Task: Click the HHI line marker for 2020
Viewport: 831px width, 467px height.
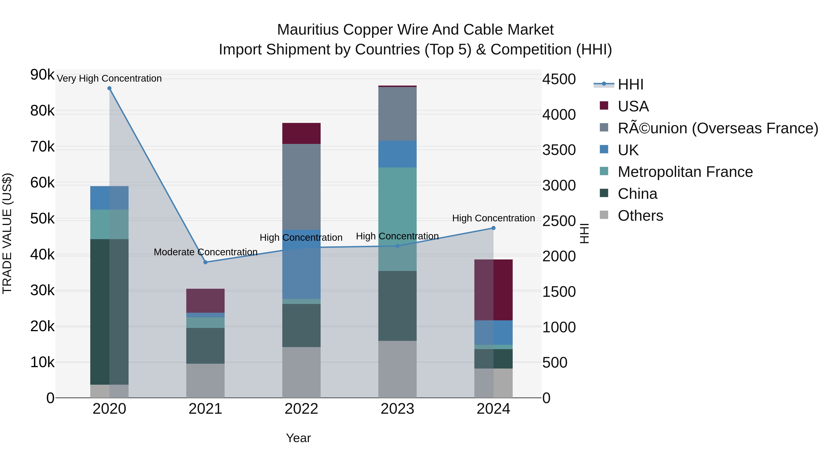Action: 109,88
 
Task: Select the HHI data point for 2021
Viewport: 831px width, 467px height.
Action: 205,262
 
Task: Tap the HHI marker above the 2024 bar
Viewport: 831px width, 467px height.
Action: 493,228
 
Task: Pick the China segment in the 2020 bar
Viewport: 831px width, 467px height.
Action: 109,311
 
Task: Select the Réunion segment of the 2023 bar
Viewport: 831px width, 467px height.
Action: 397,113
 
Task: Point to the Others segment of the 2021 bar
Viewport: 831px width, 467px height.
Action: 205,380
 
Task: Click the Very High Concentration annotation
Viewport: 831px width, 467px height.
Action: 109,78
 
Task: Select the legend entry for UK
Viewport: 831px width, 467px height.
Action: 628,150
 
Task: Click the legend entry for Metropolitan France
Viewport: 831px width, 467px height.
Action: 685,172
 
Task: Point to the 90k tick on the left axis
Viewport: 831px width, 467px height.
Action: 42,75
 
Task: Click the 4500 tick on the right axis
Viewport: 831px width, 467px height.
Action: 559,79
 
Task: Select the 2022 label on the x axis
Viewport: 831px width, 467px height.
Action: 301,409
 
